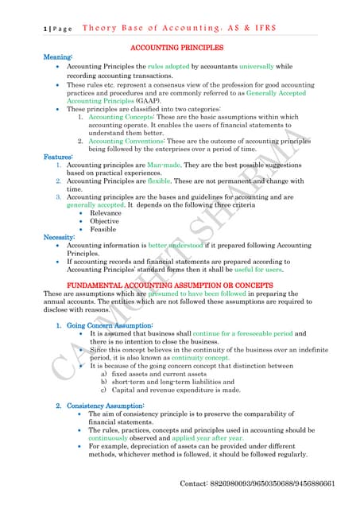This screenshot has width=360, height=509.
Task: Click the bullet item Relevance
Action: click(x=106, y=213)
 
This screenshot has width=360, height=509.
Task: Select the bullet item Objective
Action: click(x=106, y=221)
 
